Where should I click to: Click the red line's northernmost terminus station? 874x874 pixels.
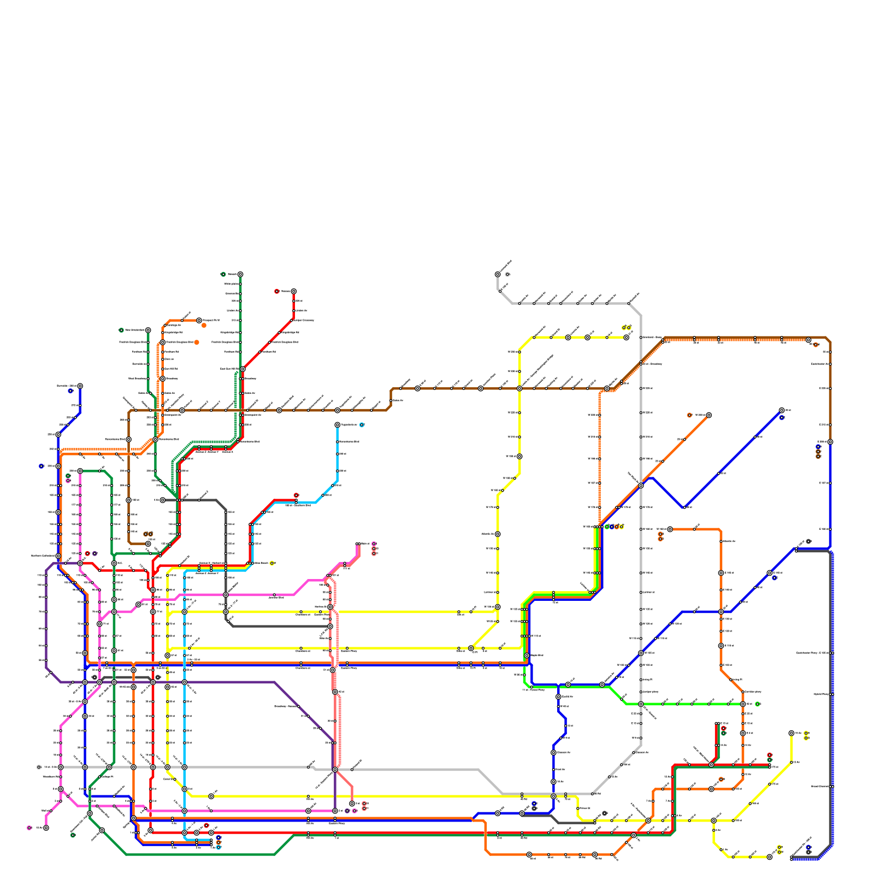293,291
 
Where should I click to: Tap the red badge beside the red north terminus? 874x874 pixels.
277,291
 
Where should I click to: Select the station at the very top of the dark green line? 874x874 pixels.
240,274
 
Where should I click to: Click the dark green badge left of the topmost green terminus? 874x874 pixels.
223,274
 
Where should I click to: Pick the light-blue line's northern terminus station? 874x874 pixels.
337,424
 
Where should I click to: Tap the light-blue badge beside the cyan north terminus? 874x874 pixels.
362,424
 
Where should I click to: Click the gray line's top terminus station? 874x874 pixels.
498,274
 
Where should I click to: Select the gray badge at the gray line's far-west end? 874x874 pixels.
39,767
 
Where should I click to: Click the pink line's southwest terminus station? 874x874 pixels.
46,828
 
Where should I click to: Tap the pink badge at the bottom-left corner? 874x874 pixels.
29,828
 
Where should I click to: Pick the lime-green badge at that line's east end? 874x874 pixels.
757,704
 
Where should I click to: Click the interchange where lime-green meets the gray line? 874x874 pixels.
641,704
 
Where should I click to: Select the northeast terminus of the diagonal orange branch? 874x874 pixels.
708,415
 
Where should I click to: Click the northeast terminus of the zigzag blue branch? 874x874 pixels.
782,410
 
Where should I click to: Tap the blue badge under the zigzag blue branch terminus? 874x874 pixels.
782,417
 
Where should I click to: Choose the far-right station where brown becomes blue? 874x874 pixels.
830,441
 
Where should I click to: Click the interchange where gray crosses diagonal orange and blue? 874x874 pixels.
641,485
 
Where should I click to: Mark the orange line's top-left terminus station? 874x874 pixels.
199,320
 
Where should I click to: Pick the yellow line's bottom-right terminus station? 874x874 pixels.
770,857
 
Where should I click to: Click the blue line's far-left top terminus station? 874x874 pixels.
80,386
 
